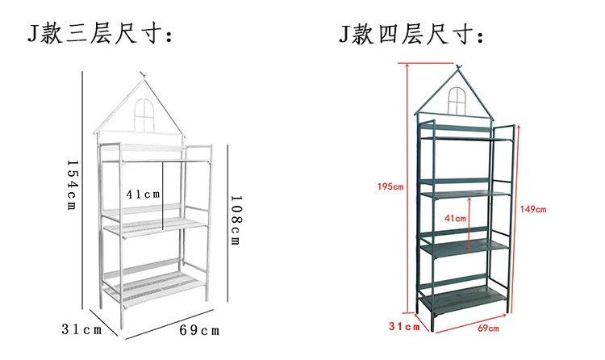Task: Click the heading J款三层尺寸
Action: click(x=99, y=34)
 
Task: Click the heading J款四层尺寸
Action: click(x=411, y=34)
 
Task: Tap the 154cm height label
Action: click(x=72, y=185)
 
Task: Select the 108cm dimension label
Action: click(x=236, y=220)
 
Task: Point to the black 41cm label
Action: click(x=143, y=194)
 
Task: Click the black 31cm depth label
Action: click(x=81, y=329)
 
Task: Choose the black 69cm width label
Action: click(x=199, y=330)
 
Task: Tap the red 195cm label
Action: click(x=390, y=186)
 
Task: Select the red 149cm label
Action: click(x=533, y=209)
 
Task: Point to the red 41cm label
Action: click(x=455, y=218)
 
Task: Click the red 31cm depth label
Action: click(x=404, y=326)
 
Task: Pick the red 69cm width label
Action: click(x=488, y=329)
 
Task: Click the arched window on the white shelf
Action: click(x=144, y=115)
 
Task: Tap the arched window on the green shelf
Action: click(x=457, y=100)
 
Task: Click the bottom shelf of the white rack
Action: click(x=153, y=289)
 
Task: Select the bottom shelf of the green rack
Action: click(x=463, y=298)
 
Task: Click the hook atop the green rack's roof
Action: click(x=458, y=67)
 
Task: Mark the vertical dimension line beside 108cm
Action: click(x=227, y=223)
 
